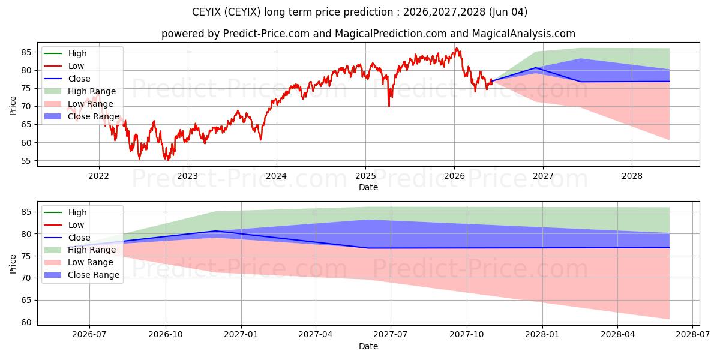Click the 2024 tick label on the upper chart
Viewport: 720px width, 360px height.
tap(277, 176)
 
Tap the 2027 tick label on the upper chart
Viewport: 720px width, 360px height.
tap(543, 176)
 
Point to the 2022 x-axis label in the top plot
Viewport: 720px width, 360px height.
tap(98, 176)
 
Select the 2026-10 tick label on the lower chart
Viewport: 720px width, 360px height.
tap(166, 335)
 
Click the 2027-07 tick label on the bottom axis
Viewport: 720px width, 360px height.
tap(391, 335)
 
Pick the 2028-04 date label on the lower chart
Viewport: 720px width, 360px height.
tap(617, 335)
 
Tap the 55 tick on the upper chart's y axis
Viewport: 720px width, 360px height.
tap(26, 161)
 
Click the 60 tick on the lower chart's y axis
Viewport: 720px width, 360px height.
tap(26, 322)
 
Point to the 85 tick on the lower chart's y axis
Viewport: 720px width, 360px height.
tap(26, 212)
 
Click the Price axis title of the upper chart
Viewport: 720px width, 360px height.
tap(13, 106)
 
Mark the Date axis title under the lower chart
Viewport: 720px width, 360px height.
tap(368, 346)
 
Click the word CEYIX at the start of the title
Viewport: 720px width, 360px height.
tap(206, 12)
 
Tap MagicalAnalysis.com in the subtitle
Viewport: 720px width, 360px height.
tap(524, 34)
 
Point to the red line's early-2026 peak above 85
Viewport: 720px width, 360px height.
tap(457, 49)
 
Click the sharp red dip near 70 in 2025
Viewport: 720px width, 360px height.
tap(389, 106)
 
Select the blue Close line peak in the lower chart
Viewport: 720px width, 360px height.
tap(216, 231)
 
